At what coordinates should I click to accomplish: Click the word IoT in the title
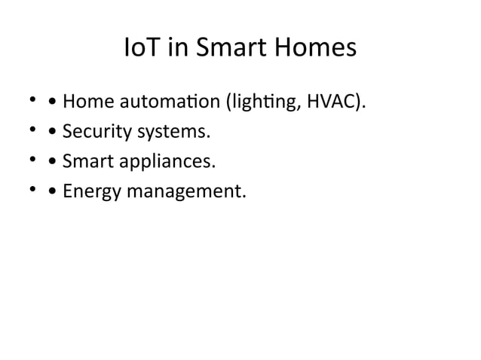click(141, 50)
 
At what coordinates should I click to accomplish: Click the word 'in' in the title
click(178, 50)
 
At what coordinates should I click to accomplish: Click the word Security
click(95, 133)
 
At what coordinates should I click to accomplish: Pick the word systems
click(171, 133)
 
